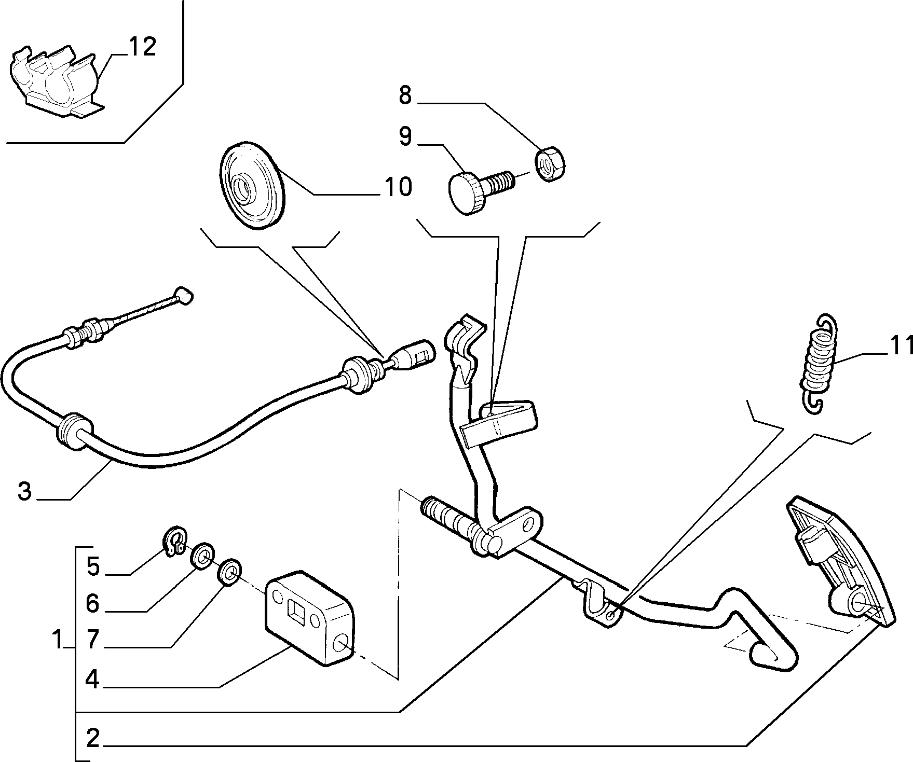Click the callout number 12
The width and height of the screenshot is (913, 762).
(x=142, y=47)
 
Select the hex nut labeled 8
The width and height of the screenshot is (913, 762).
(x=551, y=163)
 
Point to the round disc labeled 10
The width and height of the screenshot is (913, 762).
(x=253, y=184)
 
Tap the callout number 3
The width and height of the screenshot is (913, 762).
(x=24, y=491)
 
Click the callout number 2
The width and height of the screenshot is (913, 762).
(x=92, y=738)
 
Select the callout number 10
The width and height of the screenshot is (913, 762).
(x=398, y=187)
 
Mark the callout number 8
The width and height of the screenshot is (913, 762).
(x=405, y=95)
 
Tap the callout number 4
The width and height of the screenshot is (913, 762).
(x=92, y=680)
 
